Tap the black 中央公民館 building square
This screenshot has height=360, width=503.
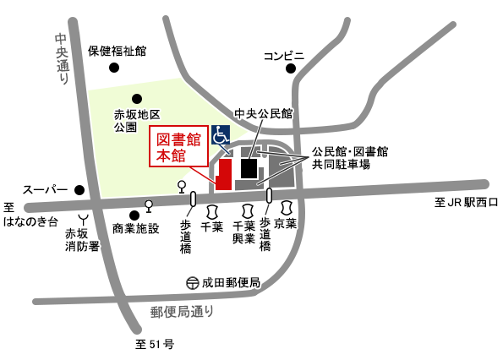249,168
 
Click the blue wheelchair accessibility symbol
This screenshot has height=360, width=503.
221,134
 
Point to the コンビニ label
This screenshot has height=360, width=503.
284,56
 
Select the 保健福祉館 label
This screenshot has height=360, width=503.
118,51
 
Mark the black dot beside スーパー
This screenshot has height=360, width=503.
79,189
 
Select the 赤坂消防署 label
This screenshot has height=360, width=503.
83,239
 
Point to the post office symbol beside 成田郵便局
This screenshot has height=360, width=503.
193,282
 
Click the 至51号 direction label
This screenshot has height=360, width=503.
154,344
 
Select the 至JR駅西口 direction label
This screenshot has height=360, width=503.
467,203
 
